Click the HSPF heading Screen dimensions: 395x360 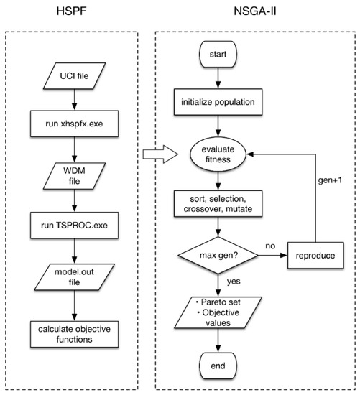tap(74, 13)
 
